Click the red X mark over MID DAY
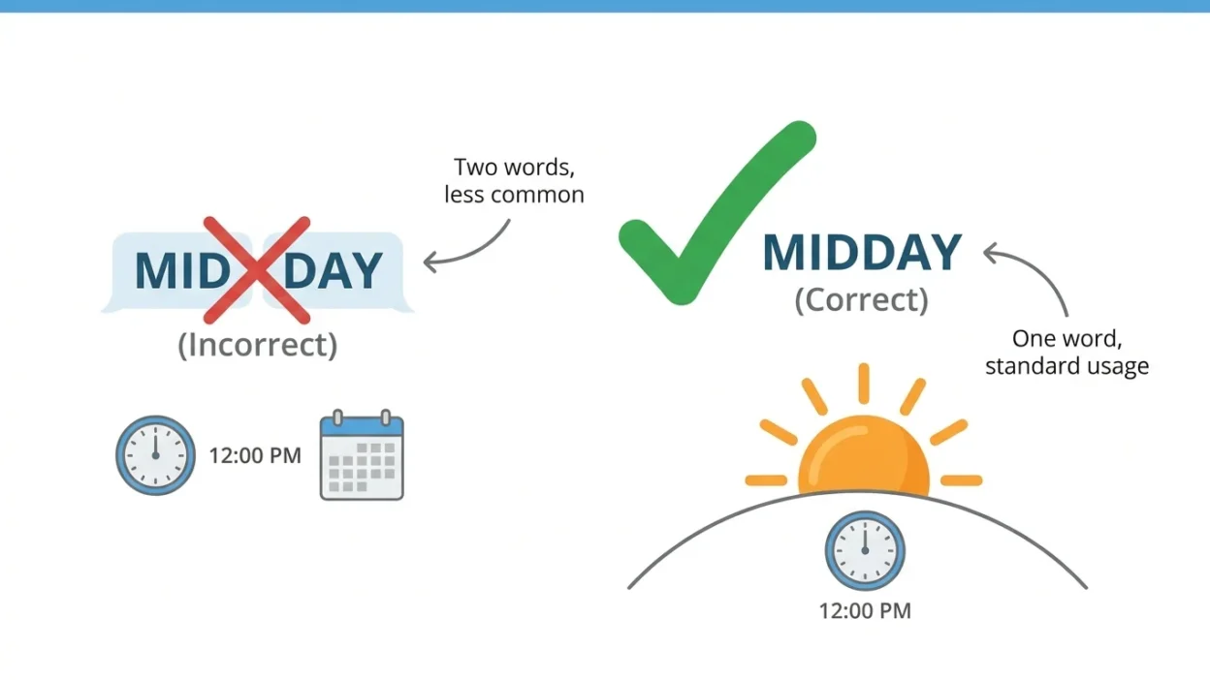click(257, 270)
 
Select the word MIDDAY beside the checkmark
click(862, 253)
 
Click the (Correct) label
click(862, 300)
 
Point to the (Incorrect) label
click(258, 345)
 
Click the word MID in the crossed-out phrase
click(183, 270)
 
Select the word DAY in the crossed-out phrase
click(334, 270)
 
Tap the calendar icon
click(362, 455)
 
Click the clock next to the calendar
click(155, 455)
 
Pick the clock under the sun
click(865, 550)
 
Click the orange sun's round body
click(864, 456)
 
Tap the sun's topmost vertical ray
click(864, 384)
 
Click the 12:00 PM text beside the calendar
click(255, 455)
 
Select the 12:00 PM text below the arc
click(865, 611)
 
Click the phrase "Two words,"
click(514, 168)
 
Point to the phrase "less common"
click(514, 195)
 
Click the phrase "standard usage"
click(1067, 366)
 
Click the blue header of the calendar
click(362, 427)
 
